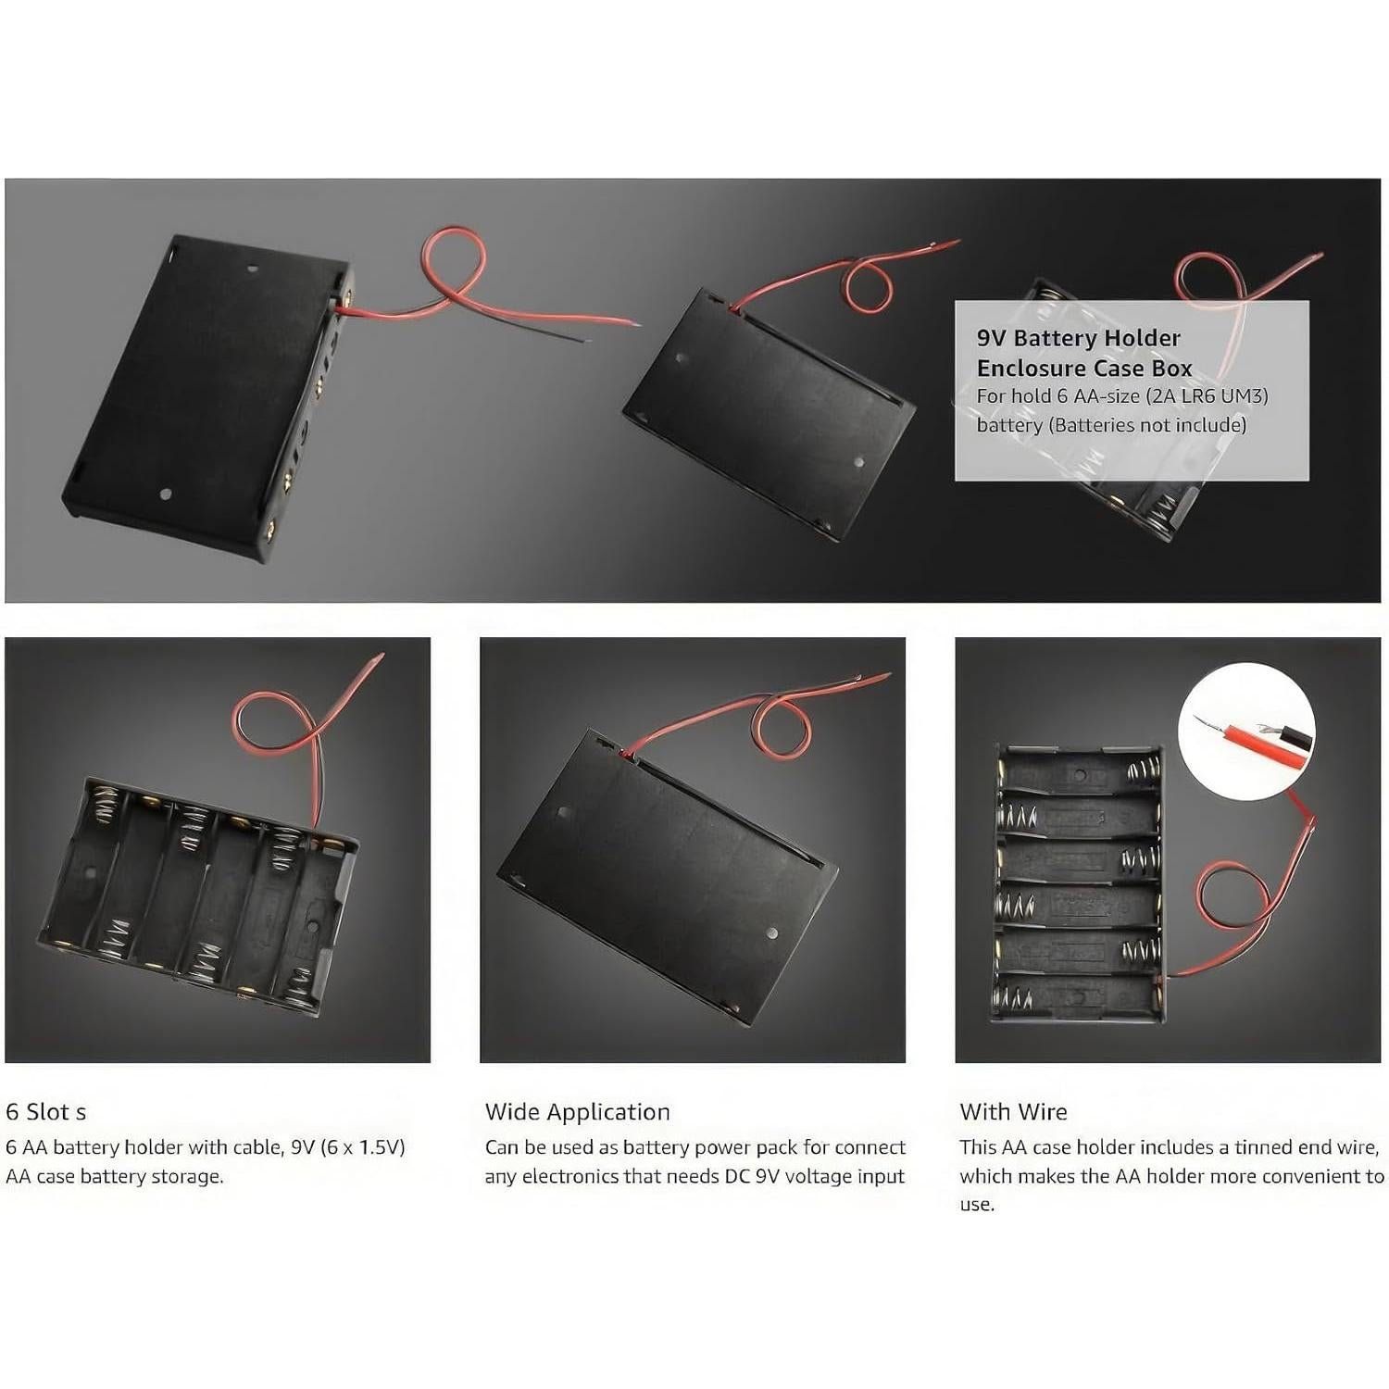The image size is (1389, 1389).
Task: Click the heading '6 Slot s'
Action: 46,1111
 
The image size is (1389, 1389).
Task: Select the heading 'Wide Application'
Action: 577,1111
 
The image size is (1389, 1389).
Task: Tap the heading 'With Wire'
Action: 1013,1111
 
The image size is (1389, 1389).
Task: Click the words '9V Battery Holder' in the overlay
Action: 1078,338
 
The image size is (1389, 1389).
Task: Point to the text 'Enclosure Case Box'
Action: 1083,368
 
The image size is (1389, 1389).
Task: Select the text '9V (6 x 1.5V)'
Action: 348,1147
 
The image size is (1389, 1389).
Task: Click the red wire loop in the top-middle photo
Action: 868,285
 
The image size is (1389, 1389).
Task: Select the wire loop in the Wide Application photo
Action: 782,727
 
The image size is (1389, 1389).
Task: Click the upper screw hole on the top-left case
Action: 253,269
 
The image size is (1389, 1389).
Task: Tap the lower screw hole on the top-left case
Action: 166,494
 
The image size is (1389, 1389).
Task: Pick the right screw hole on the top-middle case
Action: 858,462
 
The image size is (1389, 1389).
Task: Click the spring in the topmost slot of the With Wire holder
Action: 1140,770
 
